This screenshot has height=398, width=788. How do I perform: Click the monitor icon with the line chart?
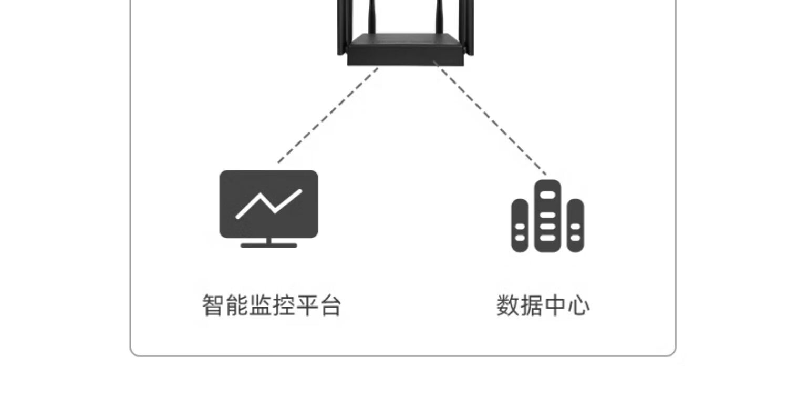[x=268, y=205]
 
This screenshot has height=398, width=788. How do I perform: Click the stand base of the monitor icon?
[x=268, y=245]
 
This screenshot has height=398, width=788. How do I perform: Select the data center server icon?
[x=547, y=217]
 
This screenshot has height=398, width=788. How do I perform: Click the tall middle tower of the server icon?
[x=547, y=216]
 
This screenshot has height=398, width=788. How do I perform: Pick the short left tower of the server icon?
[x=520, y=225]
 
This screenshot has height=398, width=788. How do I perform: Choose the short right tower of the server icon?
[x=575, y=225]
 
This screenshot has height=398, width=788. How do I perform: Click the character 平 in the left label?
[x=307, y=305]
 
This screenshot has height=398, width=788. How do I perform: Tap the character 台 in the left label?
[x=330, y=305]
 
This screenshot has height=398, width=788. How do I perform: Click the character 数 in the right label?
[x=508, y=305]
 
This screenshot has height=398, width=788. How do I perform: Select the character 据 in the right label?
[x=531, y=305]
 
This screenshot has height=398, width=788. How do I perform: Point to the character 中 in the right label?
[x=555, y=305]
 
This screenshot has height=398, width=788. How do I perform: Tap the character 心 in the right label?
[x=578, y=305]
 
